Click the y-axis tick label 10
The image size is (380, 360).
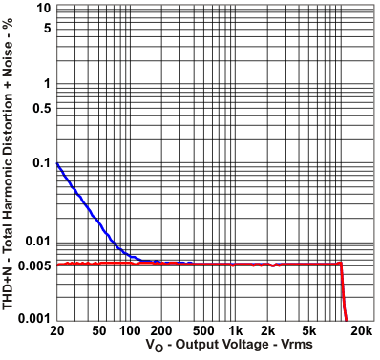point(44,8)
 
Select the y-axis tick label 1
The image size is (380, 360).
point(47,84)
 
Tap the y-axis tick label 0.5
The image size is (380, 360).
point(40,106)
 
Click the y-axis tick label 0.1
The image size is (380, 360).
point(40,163)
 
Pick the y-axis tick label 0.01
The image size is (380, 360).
point(37,242)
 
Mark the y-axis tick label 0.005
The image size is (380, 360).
point(34,265)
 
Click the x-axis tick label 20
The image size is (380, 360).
point(57,330)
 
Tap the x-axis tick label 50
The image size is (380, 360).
point(99,330)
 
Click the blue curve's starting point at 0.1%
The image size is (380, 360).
point(58,164)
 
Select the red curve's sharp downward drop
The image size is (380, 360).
point(343,291)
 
